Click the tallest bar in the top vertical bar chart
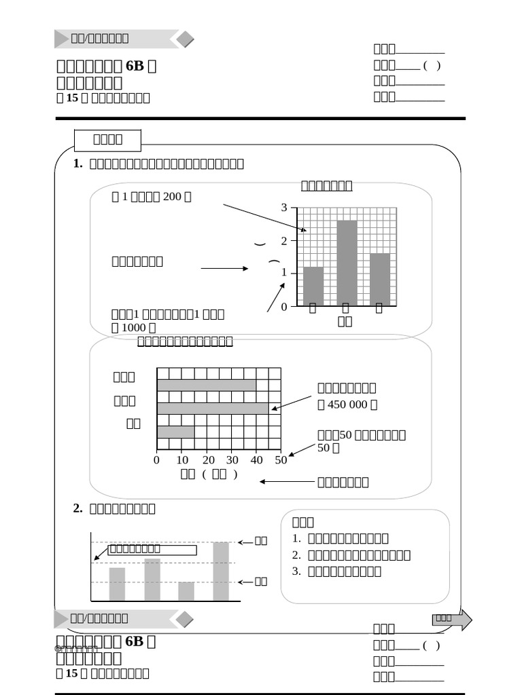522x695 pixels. click(347, 263)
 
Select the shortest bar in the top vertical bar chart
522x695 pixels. click(313, 286)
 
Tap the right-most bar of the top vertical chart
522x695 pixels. click(380, 279)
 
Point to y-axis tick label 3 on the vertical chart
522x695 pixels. click(284, 208)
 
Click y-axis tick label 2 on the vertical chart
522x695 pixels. click(284, 241)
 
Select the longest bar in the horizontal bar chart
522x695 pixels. click(213, 409)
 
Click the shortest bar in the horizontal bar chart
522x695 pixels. click(175, 432)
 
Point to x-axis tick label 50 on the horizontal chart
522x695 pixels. click(281, 460)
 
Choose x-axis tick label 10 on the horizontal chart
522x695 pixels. click(182, 460)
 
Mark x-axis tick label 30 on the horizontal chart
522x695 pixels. click(232, 460)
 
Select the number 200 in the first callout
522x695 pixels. click(173, 197)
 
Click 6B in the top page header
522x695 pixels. click(135, 67)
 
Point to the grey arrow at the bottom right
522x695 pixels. click(452, 619)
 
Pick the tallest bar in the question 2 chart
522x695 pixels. click(221, 571)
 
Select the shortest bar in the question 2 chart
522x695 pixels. click(186, 591)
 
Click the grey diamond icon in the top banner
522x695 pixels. click(185, 39)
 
